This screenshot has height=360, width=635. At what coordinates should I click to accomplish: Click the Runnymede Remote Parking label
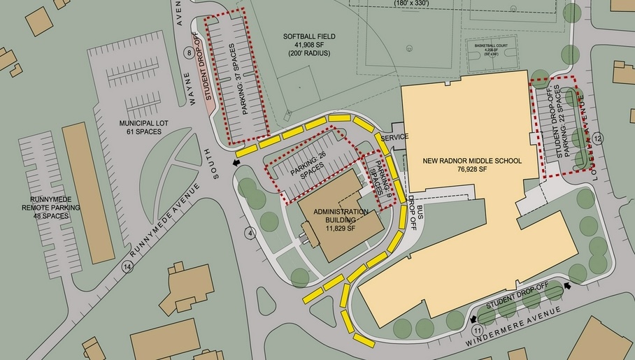(45, 208)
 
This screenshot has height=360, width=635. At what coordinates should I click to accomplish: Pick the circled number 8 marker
(188, 53)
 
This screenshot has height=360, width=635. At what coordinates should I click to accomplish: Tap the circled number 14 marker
(126, 266)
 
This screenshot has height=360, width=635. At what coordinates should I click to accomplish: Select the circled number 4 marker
(248, 232)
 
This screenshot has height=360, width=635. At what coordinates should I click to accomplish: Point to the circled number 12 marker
(598, 139)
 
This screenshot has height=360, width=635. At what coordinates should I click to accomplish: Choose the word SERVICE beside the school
(395, 137)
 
